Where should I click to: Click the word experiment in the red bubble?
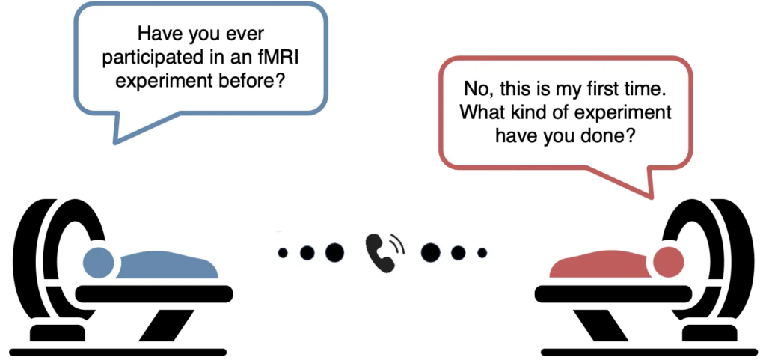621,114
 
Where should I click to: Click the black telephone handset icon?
382,253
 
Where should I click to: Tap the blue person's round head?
98,263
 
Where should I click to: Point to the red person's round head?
667,263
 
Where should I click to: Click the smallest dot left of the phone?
283,253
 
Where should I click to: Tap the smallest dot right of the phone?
482,253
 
